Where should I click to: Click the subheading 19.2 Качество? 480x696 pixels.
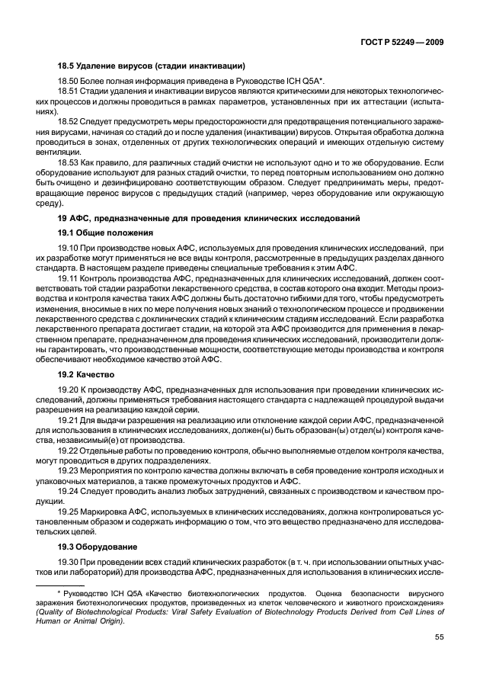coord(85,375)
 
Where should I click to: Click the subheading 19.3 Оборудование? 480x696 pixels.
coord(98,547)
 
